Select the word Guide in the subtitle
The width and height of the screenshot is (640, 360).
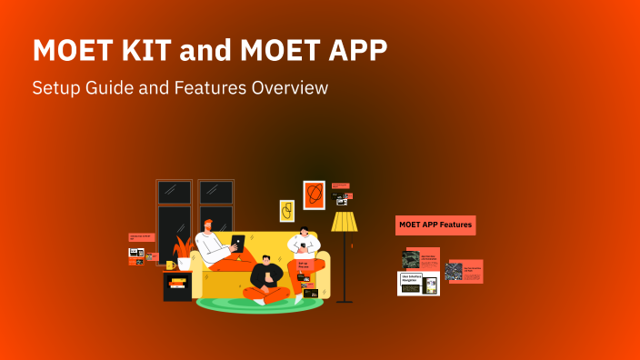tap(106, 88)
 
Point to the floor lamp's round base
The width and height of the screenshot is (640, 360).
tap(344, 300)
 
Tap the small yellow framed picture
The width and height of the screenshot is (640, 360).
tap(286, 211)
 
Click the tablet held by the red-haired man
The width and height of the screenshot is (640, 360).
tap(237, 243)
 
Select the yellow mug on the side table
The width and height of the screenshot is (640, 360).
tap(170, 265)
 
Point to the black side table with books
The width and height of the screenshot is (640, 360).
tap(177, 285)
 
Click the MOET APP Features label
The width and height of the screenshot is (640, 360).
tap(435, 225)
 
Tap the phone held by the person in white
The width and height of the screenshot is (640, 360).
tap(304, 245)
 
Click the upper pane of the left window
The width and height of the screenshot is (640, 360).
tap(174, 192)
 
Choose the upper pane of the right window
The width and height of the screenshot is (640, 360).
tap(215, 192)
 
